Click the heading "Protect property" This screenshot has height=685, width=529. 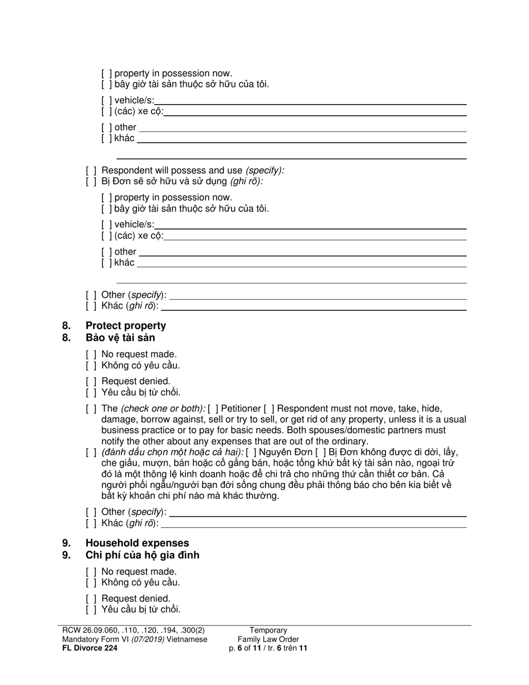[125, 326]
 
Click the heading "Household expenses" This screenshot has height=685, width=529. [137, 543]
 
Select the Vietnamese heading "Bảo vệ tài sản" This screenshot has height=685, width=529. [120, 338]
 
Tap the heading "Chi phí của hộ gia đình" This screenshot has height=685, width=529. [142, 555]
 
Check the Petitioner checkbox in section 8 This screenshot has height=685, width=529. [213, 409]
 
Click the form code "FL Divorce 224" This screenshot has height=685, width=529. [90, 648]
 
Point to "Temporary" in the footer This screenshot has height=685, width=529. [268, 630]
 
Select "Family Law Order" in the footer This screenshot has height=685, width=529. [268, 639]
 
